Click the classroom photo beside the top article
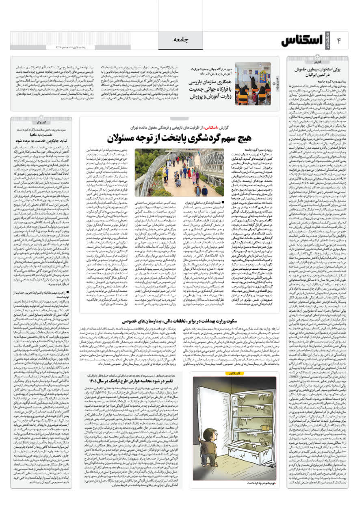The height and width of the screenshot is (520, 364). pos(253,83)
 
